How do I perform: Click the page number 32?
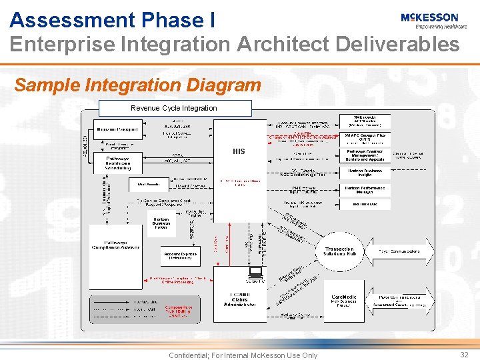point(464,355)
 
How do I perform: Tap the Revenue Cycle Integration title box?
point(175,108)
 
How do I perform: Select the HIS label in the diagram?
point(239,151)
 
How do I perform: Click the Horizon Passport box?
point(117,129)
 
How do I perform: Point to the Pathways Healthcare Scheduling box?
point(117,163)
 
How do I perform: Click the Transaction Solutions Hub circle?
point(339,251)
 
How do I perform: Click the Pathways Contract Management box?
point(365,155)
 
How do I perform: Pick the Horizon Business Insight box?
point(365,172)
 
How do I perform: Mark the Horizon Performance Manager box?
point(365,189)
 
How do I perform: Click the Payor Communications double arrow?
point(400,251)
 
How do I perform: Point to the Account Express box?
point(180,255)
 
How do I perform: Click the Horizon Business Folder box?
point(161,224)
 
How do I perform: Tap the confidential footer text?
point(243,355)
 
